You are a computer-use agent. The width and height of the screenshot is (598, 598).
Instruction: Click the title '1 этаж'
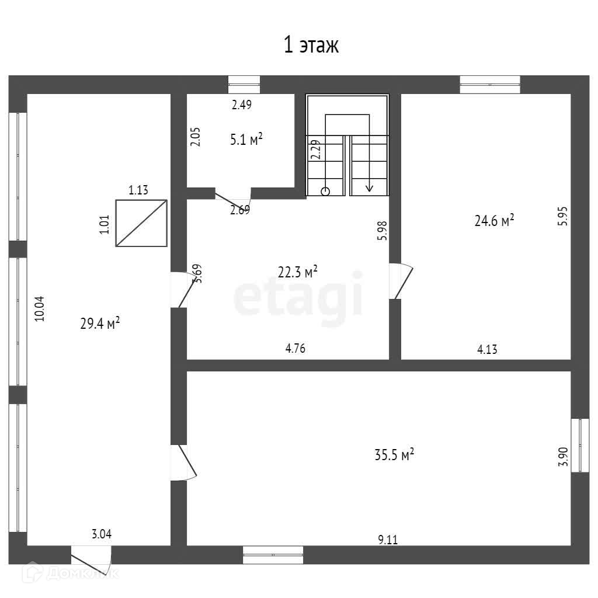(x=311, y=45)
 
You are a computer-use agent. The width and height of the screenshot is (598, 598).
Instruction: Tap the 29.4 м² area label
(x=100, y=323)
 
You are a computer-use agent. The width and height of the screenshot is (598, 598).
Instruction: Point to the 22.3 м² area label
(x=298, y=272)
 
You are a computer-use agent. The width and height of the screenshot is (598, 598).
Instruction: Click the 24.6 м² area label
(x=494, y=221)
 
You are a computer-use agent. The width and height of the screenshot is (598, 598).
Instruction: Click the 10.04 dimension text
(x=39, y=308)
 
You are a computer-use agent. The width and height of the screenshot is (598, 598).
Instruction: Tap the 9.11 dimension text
(x=387, y=540)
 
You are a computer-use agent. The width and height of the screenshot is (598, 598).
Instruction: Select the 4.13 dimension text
(x=488, y=349)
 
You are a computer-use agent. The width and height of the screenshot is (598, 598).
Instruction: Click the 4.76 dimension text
(x=295, y=349)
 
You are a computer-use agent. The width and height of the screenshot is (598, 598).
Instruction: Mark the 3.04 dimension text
(x=101, y=533)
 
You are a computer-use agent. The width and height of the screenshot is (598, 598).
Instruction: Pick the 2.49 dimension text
(x=241, y=105)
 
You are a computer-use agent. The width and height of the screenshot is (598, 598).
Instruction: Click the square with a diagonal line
(x=141, y=223)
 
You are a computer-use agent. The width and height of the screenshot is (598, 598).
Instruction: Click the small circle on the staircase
(x=325, y=191)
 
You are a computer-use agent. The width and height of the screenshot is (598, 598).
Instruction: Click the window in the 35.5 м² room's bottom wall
(x=273, y=554)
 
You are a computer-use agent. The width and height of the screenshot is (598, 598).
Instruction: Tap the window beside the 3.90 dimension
(x=579, y=444)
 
